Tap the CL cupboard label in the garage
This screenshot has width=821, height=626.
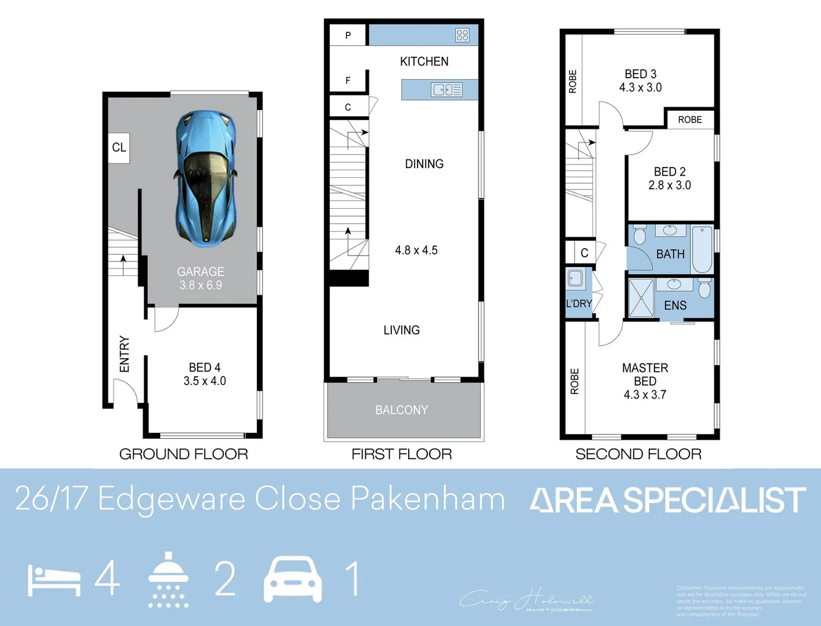coord(119,147)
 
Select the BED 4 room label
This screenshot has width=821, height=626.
coord(205,367)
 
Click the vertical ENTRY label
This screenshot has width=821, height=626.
coord(124,354)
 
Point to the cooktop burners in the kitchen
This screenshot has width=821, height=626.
coord(462,35)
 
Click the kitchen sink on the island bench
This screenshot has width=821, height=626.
coord(446,90)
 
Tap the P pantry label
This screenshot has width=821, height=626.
coord(348,35)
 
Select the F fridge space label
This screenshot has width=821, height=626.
coord(348,81)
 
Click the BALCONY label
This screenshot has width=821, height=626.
coord(402,410)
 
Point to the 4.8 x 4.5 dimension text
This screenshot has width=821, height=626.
coord(416,250)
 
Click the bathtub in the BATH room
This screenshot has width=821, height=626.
coord(702,249)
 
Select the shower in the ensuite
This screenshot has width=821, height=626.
coord(641,298)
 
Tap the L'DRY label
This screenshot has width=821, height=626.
coord(579,304)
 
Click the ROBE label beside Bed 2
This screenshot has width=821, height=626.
coord(690,119)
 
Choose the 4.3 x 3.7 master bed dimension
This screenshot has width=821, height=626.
coord(645,395)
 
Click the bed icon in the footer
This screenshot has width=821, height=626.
coord(54,580)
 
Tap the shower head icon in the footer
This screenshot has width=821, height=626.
coord(168,579)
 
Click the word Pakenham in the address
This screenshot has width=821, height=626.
coord(428,498)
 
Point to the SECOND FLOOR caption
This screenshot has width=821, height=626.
coord(638,454)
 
